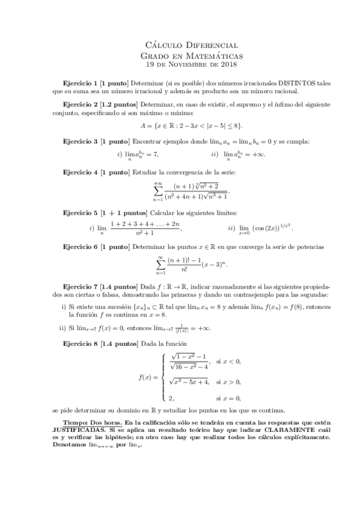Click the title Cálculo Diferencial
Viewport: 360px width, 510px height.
192,45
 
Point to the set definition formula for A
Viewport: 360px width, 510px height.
192,126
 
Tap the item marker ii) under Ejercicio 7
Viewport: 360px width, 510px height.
62,328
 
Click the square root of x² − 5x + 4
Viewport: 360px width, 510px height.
189,381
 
